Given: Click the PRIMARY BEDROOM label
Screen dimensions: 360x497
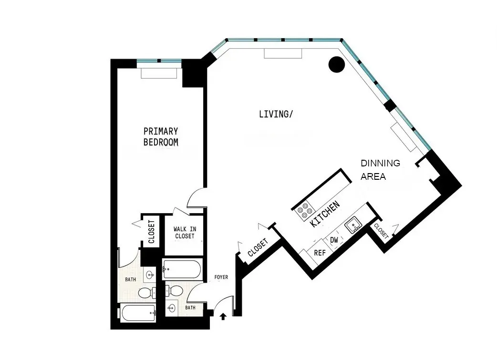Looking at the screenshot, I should coord(161,136).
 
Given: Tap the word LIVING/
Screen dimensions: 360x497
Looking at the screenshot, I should coord(275,114).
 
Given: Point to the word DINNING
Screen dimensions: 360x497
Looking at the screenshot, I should coord(380,163).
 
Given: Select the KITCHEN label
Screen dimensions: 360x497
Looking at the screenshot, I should coord(325,214).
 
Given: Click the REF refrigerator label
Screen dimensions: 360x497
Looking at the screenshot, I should coord(319,253).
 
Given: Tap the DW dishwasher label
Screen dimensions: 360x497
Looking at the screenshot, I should coord(334,240).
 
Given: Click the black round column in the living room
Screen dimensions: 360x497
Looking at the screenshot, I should coord(337,64).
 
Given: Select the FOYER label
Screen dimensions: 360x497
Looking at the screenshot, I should coord(221,277).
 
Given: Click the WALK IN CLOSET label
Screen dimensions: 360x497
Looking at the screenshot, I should coord(185,232).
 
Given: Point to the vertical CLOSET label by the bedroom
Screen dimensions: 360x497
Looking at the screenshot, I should coord(152,232).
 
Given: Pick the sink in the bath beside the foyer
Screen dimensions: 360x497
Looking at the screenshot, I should coord(172,309).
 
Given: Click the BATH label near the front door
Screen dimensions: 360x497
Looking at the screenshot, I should coord(190,308).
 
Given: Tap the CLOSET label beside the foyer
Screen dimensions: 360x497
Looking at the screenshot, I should coord(257,247).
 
